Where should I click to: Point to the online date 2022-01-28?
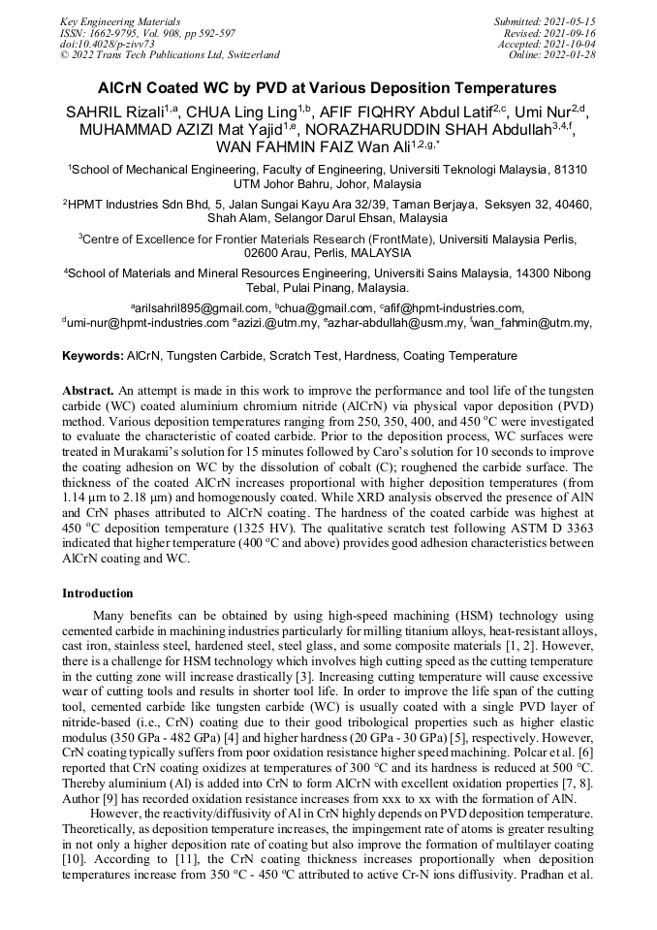pos(574,55)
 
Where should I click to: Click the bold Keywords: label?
pos(93,357)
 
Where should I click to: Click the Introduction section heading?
pos(97,593)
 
